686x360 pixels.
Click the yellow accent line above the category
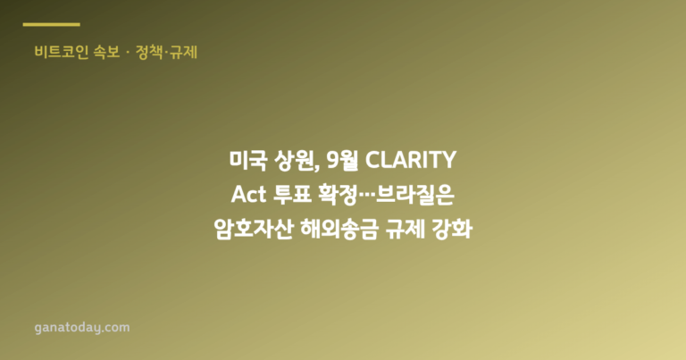pyautogui.click(x=51, y=24)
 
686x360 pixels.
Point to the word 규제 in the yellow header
pyautogui.click(x=184, y=52)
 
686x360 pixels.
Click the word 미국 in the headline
pyautogui.click(x=247, y=160)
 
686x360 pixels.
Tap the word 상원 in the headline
pyautogui.click(x=293, y=160)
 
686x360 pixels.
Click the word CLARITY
pyautogui.click(x=410, y=160)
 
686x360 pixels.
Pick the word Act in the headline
pyautogui.click(x=248, y=195)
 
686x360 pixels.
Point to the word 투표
pyautogui.click(x=292, y=195)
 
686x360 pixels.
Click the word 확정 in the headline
pyautogui.click(x=339, y=195)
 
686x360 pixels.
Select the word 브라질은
pyautogui.click(x=414, y=195)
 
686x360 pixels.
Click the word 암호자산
pyautogui.click(x=253, y=230)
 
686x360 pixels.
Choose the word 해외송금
pyautogui.click(x=339, y=230)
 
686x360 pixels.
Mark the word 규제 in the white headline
pyautogui.click(x=405, y=230)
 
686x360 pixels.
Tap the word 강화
pyautogui.click(x=451, y=230)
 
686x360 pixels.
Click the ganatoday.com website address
pyautogui.click(x=82, y=328)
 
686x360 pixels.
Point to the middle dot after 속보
pyautogui.click(x=128, y=53)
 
